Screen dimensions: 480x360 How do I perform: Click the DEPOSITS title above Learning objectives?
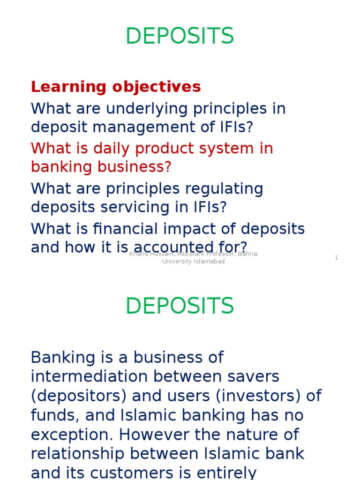[x=180, y=37]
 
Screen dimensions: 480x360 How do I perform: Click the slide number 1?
[x=336, y=258]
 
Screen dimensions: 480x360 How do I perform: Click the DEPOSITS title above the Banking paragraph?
[x=180, y=306]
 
